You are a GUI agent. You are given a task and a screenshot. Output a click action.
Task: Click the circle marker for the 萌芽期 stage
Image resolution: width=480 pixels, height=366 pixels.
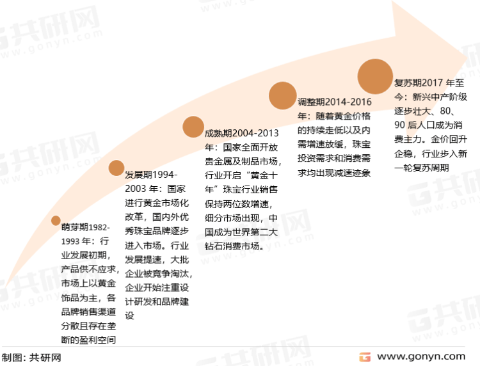56,220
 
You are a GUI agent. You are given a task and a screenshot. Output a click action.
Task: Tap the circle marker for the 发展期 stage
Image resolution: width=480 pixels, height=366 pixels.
116,168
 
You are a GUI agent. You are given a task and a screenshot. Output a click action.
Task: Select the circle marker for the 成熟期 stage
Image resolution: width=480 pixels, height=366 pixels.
193,127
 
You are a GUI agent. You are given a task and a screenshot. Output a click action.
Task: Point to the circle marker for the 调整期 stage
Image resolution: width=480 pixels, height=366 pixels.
282,95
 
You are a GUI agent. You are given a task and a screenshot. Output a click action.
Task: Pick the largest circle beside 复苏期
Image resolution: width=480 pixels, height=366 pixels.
375,77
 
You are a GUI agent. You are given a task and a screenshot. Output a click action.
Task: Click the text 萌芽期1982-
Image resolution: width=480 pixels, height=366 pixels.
85,227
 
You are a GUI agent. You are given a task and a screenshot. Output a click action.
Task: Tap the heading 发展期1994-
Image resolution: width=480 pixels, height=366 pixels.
151,175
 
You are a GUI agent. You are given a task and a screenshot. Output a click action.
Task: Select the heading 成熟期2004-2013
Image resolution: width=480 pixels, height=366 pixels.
241,133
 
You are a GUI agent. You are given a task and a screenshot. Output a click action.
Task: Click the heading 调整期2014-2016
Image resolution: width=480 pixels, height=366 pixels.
335,102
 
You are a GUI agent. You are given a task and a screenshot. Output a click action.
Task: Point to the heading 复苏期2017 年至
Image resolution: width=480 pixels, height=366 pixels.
429,83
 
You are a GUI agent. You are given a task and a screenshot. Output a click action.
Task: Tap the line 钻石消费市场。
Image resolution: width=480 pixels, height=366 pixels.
234,246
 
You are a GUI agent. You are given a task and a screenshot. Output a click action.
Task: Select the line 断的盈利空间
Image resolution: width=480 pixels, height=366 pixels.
88,340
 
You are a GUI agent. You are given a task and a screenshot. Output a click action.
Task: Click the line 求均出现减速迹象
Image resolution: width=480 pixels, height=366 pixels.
334,173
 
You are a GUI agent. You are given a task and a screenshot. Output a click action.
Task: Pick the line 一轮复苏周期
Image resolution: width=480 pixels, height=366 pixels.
422,168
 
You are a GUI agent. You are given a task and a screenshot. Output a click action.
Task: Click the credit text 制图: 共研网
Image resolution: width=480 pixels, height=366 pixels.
31,358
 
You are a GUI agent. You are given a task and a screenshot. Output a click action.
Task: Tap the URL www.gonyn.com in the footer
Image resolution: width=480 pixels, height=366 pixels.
421,357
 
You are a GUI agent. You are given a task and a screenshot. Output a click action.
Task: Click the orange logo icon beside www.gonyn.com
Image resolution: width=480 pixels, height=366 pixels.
365,357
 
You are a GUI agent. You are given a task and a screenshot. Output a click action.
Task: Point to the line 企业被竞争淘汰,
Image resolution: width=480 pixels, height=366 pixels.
159,274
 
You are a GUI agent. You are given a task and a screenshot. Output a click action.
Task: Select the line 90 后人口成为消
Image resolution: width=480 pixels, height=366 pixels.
428,125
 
